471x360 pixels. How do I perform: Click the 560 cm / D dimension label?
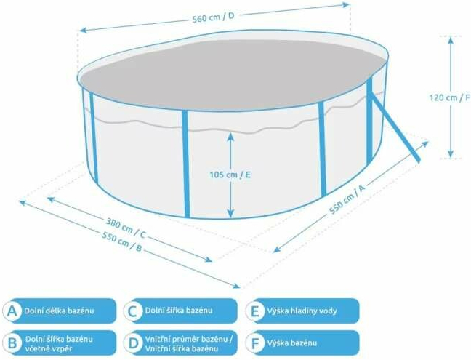click(x=213, y=17)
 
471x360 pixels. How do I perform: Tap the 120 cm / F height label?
click(x=450, y=97)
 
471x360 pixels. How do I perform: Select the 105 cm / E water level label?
click(x=230, y=175)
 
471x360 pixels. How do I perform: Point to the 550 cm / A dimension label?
click(x=347, y=199)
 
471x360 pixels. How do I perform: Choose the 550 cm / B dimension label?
click(x=121, y=241)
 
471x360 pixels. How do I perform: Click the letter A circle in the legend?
click(x=12, y=311)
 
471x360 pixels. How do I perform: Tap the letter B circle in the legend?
click(x=12, y=343)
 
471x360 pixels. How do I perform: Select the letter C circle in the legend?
click(x=133, y=311)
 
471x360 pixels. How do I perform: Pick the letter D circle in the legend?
click(x=133, y=343)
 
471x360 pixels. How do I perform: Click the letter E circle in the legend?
click(x=254, y=311)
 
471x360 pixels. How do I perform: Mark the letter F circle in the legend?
click(x=254, y=343)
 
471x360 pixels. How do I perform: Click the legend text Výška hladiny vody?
click(x=302, y=311)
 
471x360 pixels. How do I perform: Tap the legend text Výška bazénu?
click(x=292, y=343)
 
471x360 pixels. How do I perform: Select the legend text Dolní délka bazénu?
click(x=59, y=311)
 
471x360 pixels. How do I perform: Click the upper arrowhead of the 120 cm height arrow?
click(x=450, y=40)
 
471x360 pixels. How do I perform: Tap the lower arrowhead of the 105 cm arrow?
click(x=230, y=213)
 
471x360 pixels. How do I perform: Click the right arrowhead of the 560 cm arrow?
click(x=346, y=4)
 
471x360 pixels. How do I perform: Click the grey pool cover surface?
click(x=232, y=73)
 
